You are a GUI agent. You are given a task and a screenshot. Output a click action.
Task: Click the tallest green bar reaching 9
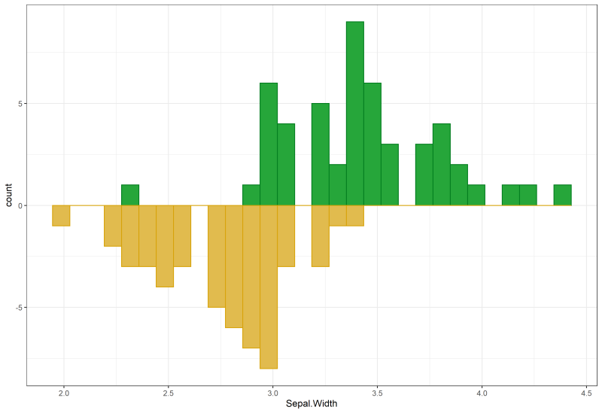coord(355,113)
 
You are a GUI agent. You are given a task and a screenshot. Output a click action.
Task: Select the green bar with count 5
coord(321,154)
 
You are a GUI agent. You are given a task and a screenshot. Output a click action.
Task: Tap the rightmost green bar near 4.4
coord(562,195)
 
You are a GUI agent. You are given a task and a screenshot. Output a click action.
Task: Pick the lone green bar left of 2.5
coord(130,195)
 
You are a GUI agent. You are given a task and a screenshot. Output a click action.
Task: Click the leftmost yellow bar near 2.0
coord(61,215)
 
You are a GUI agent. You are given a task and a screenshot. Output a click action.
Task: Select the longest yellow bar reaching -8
coord(269,287)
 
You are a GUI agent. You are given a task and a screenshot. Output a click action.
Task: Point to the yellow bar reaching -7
coord(251,276)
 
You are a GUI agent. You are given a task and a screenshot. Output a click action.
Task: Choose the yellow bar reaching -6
coord(234,266)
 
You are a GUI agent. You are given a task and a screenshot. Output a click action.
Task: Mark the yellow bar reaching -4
coord(165,246)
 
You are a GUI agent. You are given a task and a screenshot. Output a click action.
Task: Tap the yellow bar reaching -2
coord(113,226)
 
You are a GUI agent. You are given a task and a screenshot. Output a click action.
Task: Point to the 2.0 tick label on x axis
coord(64,392)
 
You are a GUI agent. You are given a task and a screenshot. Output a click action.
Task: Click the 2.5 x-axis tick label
coord(169,392)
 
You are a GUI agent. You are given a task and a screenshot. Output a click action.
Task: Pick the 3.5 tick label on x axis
coord(378,392)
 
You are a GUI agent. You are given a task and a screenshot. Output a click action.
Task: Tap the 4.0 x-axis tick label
coord(482,392)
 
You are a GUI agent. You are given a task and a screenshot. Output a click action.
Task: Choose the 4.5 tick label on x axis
coord(587,392)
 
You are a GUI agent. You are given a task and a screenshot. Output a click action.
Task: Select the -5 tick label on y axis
coord(17,308)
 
